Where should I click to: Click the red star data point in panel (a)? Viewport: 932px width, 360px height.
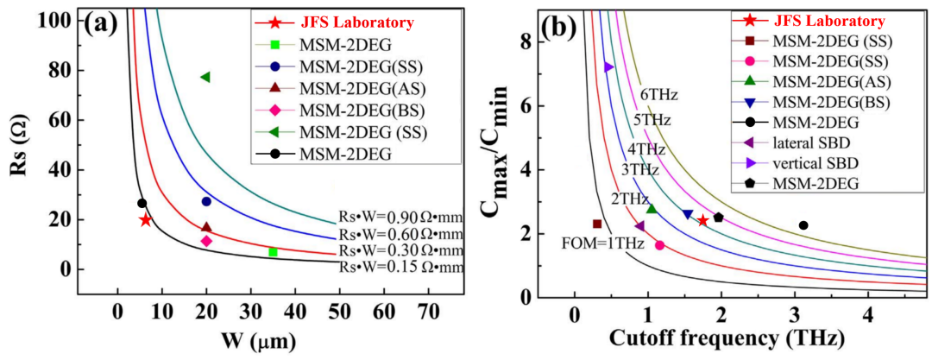point(145,220)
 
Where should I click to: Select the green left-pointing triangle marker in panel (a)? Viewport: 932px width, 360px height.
point(205,77)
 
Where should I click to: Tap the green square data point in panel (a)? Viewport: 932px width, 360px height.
point(273,252)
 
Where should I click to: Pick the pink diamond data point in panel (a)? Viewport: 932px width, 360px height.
point(206,241)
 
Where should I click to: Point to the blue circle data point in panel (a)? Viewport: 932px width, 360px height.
point(206,201)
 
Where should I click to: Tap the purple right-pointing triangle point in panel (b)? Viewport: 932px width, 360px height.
point(609,66)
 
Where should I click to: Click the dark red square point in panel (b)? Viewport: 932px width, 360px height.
point(597,224)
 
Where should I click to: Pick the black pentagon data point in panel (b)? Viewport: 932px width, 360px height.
point(718,218)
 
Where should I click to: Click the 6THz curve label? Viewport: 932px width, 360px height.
point(655,94)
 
